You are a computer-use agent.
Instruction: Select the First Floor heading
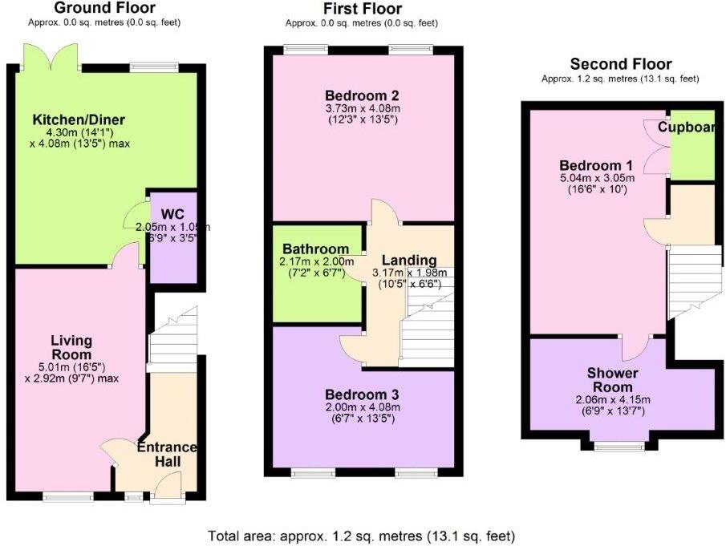[363, 9]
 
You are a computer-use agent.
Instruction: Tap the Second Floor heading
[621, 64]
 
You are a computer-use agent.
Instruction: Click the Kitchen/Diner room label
[79, 120]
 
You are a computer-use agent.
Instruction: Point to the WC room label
[173, 214]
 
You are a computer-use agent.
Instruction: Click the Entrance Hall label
[168, 455]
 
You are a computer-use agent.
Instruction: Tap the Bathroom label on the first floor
[314, 249]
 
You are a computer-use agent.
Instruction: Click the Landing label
[409, 261]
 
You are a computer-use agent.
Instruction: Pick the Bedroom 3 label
[362, 394]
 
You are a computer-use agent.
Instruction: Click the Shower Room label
[612, 380]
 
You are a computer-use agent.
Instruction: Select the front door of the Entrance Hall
[167, 487]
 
